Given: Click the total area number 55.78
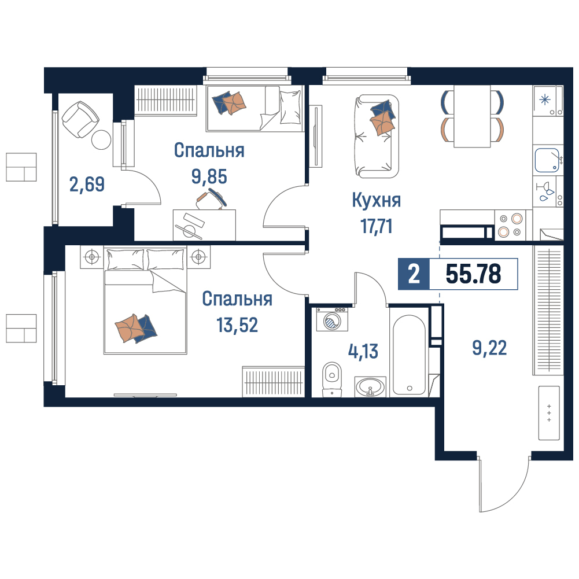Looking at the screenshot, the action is tap(473, 274).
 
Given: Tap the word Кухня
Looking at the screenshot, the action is tap(377, 201).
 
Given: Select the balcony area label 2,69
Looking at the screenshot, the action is tap(87, 185).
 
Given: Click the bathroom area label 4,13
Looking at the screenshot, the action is tap(363, 351).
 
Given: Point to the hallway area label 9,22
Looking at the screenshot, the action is tap(489, 348).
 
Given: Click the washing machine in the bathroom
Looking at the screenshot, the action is tap(332, 319).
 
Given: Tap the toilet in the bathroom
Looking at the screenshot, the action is tap(332, 379).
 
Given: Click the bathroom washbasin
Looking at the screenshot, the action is tap(370, 387).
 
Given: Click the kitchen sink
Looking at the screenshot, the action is tap(547, 160).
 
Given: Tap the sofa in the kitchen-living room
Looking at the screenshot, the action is tap(377, 137).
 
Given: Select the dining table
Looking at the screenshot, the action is tap(472, 116).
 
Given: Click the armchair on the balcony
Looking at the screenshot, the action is tap(80, 119).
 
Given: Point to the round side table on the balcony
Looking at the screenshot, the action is tap(101, 139).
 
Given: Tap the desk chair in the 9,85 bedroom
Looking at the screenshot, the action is tap(212, 200).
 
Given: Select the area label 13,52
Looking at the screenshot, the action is tap(237, 325).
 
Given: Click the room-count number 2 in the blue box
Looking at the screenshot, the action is tap(414, 274).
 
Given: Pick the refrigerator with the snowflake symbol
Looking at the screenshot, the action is tap(548, 101).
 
